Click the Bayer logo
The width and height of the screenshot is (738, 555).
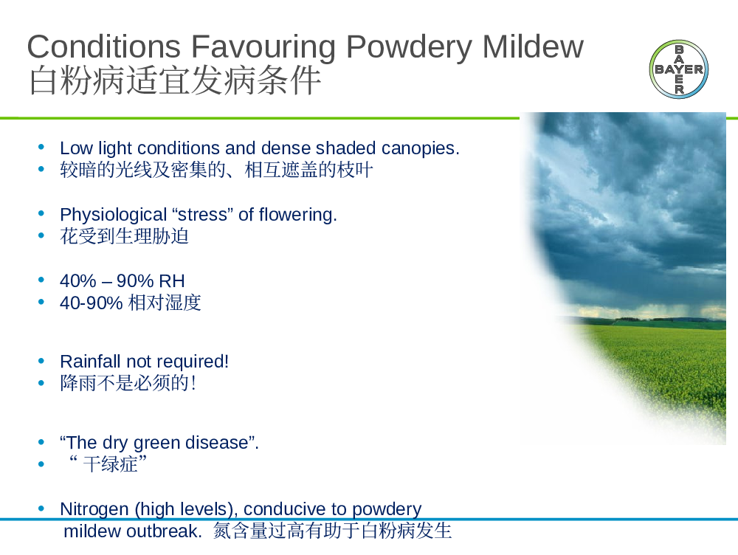(x=679, y=69)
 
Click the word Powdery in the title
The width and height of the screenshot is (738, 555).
(x=409, y=46)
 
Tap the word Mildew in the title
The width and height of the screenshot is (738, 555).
(x=533, y=46)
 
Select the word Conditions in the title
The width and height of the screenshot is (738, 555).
(x=104, y=46)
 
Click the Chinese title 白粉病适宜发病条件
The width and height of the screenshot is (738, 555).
(x=175, y=81)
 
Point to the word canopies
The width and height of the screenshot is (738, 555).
(x=421, y=149)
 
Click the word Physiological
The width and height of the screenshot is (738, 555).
(x=114, y=215)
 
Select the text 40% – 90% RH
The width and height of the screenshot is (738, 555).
(x=123, y=281)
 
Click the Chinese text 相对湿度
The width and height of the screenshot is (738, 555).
(x=165, y=303)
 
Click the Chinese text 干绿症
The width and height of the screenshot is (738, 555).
(x=110, y=464)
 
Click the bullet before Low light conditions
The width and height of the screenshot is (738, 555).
(x=41, y=148)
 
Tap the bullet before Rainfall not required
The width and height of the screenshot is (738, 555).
(x=41, y=361)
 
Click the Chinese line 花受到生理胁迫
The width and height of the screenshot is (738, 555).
(x=124, y=236)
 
